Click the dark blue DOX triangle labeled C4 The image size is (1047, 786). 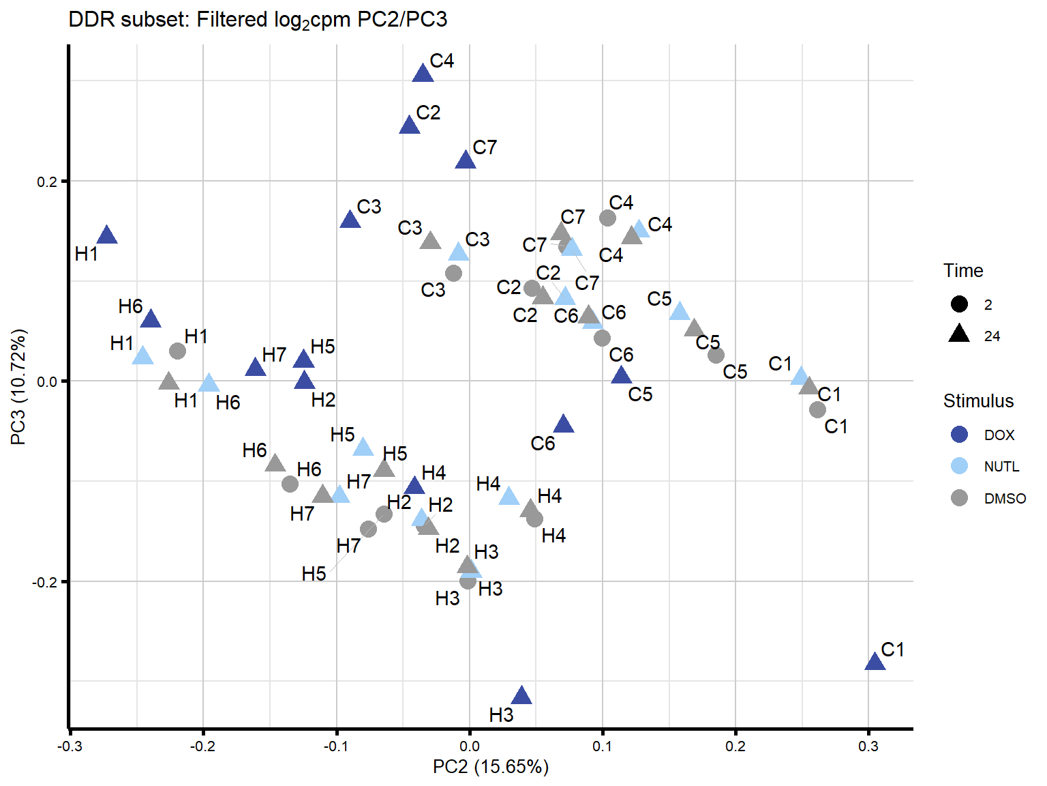pyautogui.click(x=423, y=73)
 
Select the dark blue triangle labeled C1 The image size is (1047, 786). pyautogui.click(x=875, y=661)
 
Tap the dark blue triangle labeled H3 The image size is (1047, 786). pyautogui.click(x=521, y=696)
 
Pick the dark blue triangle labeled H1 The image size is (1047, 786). pyautogui.click(x=107, y=235)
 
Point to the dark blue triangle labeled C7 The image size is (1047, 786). pyautogui.click(x=465, y=160)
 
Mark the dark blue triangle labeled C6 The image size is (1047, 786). pyautogui.click(x=563, y=424)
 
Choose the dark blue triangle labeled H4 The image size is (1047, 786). pyautogui.click(x=414, y=486)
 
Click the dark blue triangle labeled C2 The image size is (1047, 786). pyautogui.click(x=409, y=125)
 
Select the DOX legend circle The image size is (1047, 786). pyautogui.click(x=959, y=435)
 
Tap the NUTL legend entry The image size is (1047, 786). pyautogui.click(x=1001, y=467)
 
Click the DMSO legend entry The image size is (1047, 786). pyautogui.click(x=1004, y=499)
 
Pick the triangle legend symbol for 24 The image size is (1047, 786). pyautogui.click(x=959, y=334)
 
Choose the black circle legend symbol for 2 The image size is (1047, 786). pyautogui.click(x=959, y=304)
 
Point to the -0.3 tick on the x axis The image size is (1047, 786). pyautogui.click(x=70, y=746)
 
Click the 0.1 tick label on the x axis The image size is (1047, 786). pyautogui.click(x=603, y=746)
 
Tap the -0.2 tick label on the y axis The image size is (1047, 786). pyautogui.click(x=46, y=582)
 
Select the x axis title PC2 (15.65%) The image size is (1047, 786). pyautogui.click(x=490, y=767)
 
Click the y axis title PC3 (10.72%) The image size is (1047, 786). pyautogui.click(x=18, y=387)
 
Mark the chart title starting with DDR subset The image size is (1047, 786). pyautogui.click(x=258, y=20)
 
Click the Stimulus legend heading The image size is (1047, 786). pyautogui.click(x=978, y=401)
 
